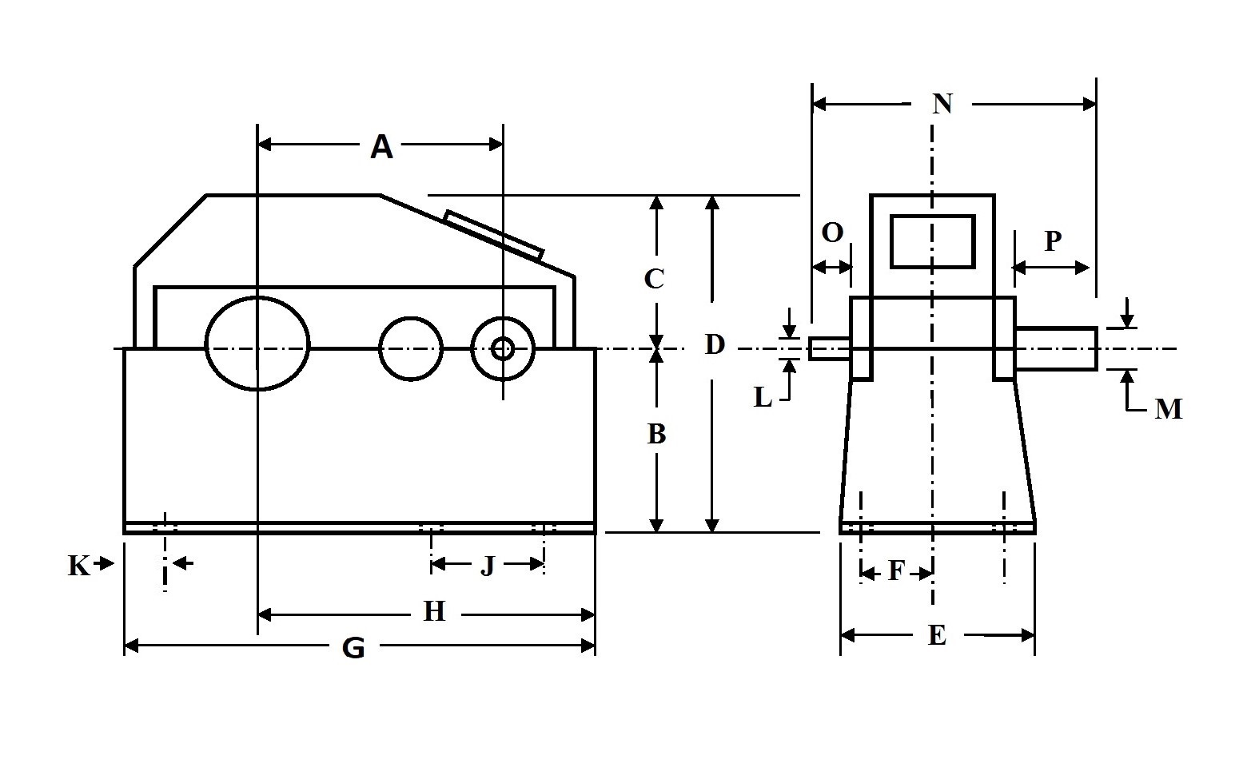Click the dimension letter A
(382, 147)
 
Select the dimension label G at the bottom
(353, 647)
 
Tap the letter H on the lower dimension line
(434, 612)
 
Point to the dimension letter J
(488, 566)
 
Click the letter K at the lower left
(78, 566)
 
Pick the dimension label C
(654, 279)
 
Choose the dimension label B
(656, 434)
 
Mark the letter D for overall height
(714, 344)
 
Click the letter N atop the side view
(943, 103)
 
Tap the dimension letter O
(832, 232)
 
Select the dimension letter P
(1053, 240)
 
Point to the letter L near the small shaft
(763, 397)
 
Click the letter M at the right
(1168, 409)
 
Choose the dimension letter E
(937, 635)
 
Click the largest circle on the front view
(257, 344)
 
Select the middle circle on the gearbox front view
(411, 348)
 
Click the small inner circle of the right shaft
(503, 348)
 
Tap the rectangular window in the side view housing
(933, 240)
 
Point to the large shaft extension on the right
(1055, 348)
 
